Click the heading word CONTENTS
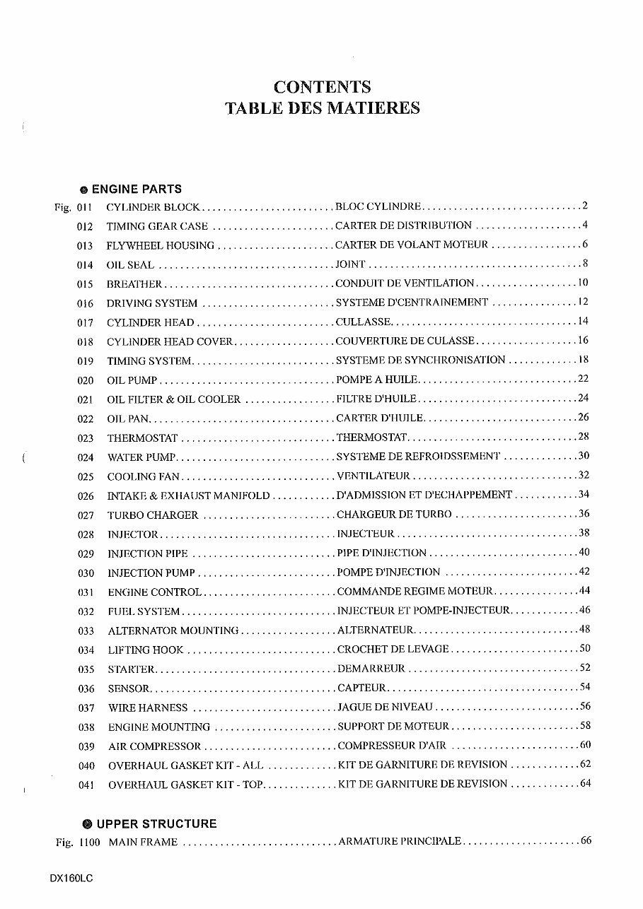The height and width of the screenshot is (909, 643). [322, 87]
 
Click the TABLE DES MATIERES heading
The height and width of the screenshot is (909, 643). [322, 108]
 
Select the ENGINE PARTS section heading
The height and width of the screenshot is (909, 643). [136, 189]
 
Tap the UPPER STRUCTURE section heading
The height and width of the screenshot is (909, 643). [156, 823]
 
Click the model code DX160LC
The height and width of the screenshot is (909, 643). [71, 879]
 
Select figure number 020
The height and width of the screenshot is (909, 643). [86, 380]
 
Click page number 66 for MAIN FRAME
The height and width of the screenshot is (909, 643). [585, 841]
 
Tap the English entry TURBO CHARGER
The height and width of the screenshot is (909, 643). [153, 515]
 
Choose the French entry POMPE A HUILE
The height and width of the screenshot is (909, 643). [377, 380]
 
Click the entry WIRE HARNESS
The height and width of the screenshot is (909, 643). [148, 708]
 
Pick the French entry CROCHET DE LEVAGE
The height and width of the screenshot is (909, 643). [393, 649]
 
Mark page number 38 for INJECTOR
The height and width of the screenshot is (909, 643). [584, 533]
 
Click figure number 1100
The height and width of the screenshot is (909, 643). [90, 843]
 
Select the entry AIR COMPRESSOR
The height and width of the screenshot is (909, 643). [154, 746]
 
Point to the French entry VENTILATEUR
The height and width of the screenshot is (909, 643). [373, 476]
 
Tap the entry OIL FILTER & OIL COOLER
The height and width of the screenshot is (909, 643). [174, 399]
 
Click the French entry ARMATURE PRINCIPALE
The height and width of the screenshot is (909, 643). [400, 842]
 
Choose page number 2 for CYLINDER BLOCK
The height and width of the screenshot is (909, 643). [586, 206]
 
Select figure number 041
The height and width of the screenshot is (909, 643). [86, 785]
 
